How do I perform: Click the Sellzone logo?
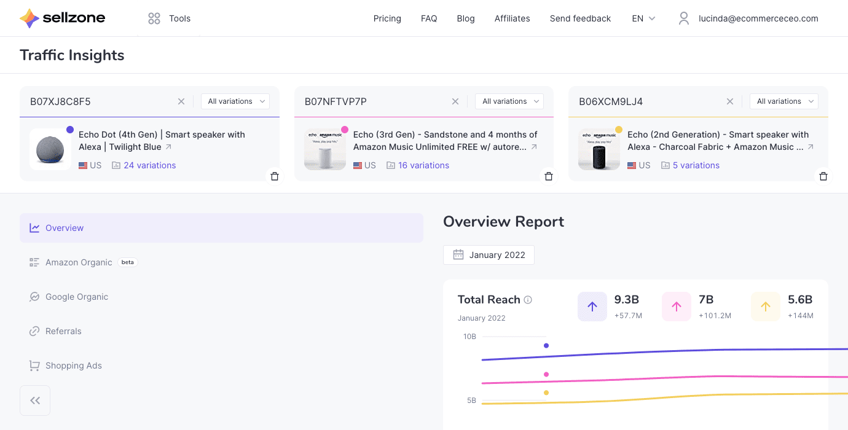pyautogui.click(x=62, y=18)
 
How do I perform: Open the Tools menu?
pyautogui.click(x=170, y=18)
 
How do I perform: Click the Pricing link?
pyautogui.click(x=387, y=18)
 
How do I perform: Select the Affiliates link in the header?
pyautogui.click(x=512, y=18)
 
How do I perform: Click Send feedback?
pyautogui.click(x=580, y=18)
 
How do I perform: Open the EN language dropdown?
pyautogui.click(x=643, y=18)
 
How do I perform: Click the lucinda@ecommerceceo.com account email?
pyautogui.click(x=758, y=18)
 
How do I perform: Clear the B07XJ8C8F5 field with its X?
pyautogui.click(x=181, y=101)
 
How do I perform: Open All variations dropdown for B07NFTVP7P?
pyautogui.click(x=509, y=101)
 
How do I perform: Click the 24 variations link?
pyautogui.click(x=149, y=165)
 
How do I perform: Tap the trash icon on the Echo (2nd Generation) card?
pyautogui.click(x=823, y=176)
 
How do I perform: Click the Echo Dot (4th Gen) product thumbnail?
pyautogui.click(x=50, y=149)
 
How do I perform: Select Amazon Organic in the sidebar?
pyautogui.click(x=79, y=262)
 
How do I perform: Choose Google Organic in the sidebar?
pyautogui.click(x=76, y=297)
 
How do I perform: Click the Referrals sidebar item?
pyautogui.click(x=63, y=331)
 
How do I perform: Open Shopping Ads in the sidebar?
pyautogui.click(x=73, y=365)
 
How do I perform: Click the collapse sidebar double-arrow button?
pyautogui.click(x=35, y=401)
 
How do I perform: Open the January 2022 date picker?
pyautogui.click(x=489, y=255)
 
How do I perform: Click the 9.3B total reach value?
pyautogui.click(x=627, y=300)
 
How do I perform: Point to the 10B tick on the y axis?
pyautogui.click(x=469, y=337)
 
